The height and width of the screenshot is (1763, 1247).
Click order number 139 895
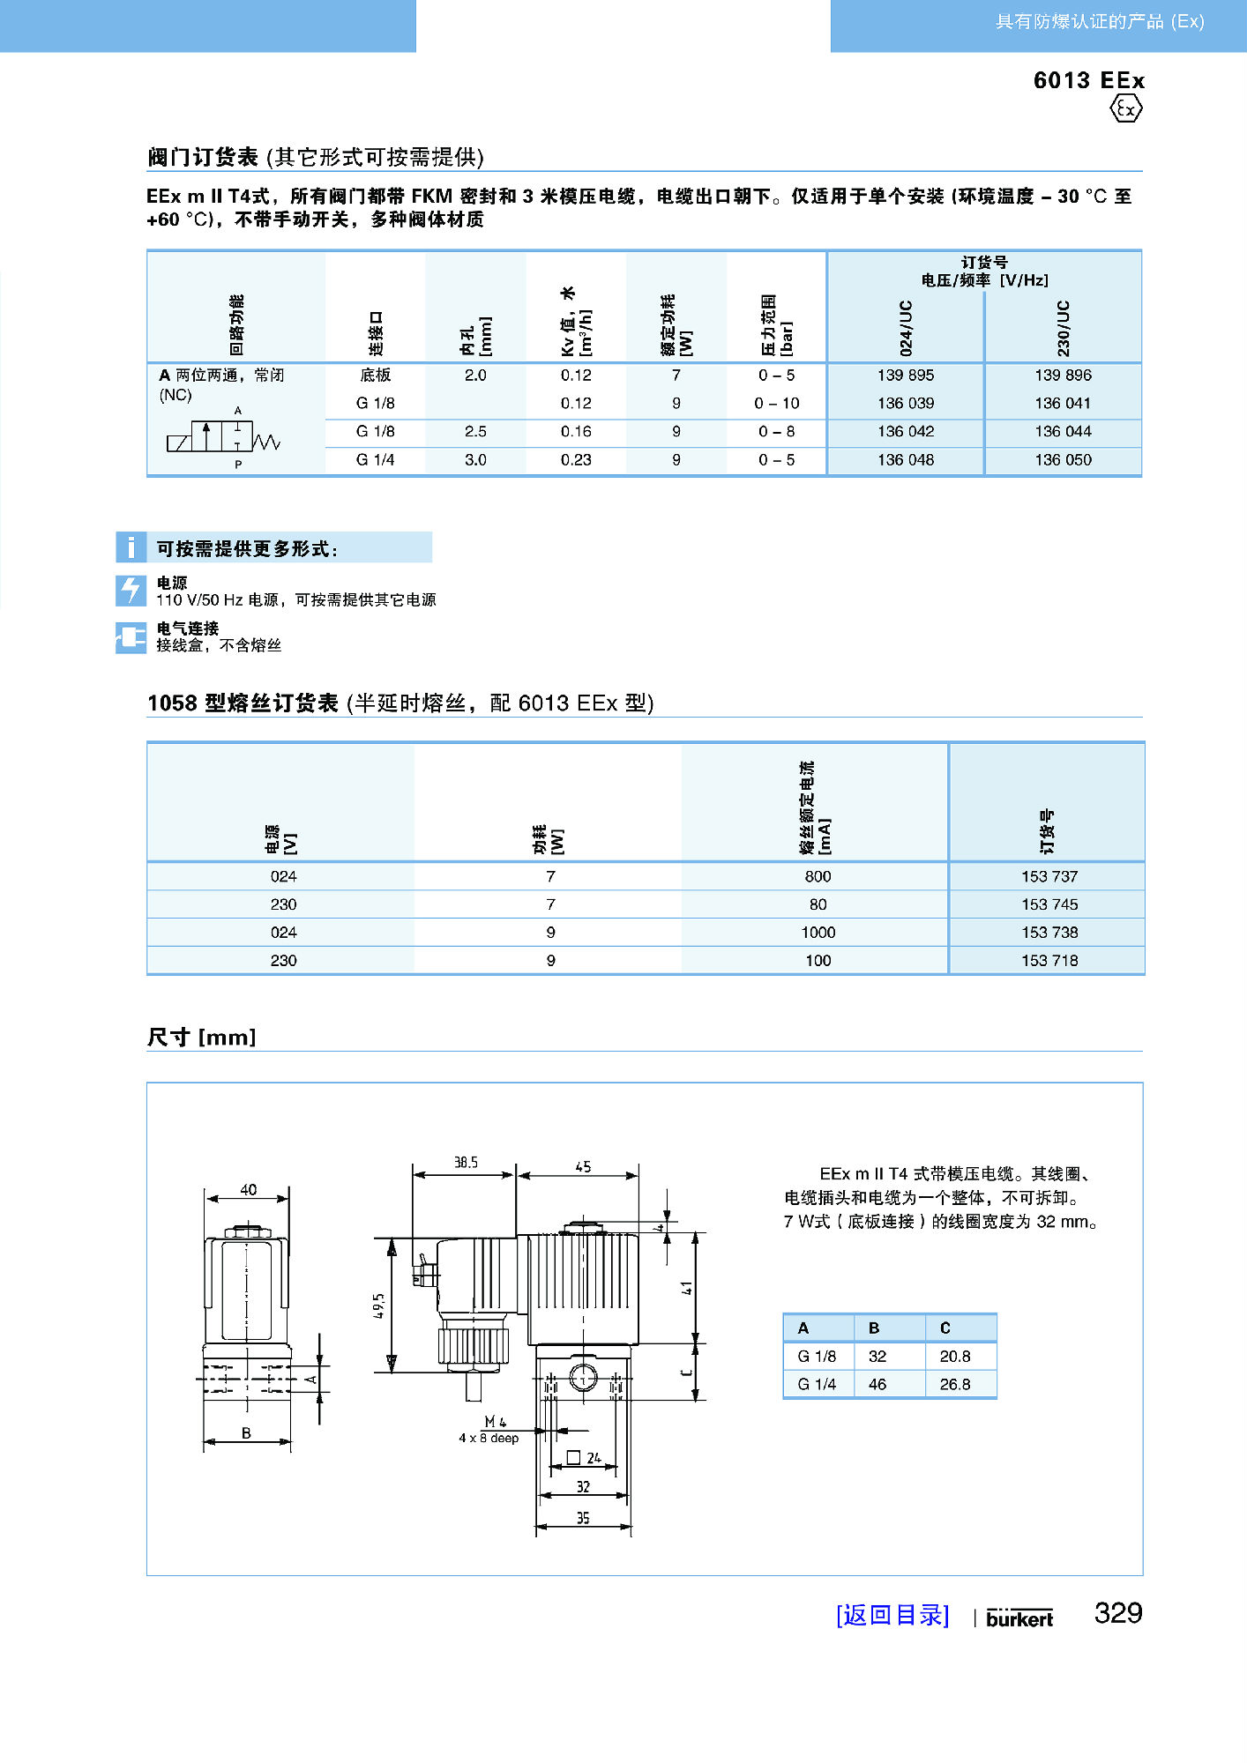[905, 376]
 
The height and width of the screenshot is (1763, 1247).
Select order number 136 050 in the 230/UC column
[1063, 460]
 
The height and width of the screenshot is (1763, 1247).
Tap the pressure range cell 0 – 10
[776, 404]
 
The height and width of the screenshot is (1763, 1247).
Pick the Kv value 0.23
[576, 460]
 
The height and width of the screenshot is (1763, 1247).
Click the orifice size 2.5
[475, 432]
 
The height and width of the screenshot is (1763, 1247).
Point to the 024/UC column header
[906, 328]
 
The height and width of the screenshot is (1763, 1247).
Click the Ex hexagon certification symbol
[1125, 109]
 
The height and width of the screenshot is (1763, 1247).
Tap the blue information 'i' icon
[131, 547]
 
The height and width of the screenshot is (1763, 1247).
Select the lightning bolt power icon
[131, 591]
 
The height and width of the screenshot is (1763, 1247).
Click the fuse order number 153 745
[1049, 904]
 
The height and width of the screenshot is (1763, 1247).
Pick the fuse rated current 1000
[818, 933]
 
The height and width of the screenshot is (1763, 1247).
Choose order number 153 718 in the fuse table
[1049, 961]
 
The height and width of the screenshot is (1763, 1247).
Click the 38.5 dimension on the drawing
[466, 1163]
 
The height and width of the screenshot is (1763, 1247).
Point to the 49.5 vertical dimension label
[379, 1306]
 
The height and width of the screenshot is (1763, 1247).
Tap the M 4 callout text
[495, 1422]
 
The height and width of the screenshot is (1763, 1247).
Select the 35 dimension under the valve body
[583, 1518]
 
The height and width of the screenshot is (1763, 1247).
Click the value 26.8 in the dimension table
[954, 1385]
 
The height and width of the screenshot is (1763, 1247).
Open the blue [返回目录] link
[892, 1615]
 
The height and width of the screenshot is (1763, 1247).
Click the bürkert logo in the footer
[1019, 1618]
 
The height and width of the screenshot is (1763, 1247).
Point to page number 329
[1117, 1613]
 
